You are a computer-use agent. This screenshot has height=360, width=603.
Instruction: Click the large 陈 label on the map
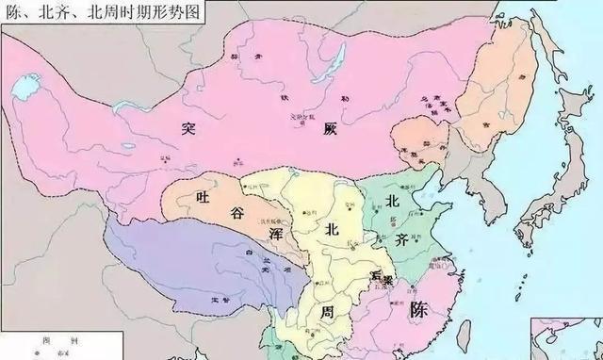(x=420, y=318)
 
